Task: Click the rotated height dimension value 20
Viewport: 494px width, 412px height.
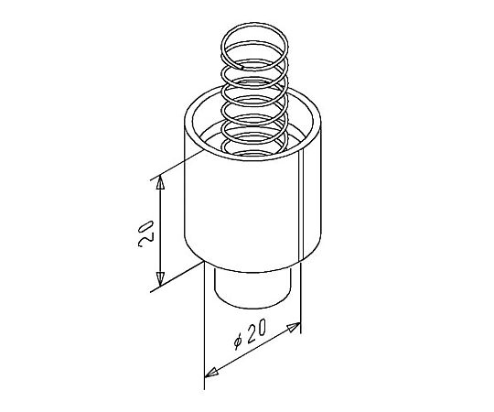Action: click(x=145, y=233)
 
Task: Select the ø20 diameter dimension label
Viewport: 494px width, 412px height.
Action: click(x=250, y=334)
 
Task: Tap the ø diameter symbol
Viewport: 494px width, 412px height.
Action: click(x=238, y=342)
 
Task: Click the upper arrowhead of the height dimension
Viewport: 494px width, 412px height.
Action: click(x=161, y=182)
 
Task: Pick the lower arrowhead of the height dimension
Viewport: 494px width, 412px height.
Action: click(x=161, y=279)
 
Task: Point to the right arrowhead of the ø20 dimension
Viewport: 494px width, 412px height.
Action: click(x=293, y=328)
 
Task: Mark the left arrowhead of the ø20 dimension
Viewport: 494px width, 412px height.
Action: click(x=211, y=373)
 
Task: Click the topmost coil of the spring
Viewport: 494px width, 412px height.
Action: click(x=254, y=46)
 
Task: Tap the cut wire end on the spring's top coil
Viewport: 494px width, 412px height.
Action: click(x=242, y=67)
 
